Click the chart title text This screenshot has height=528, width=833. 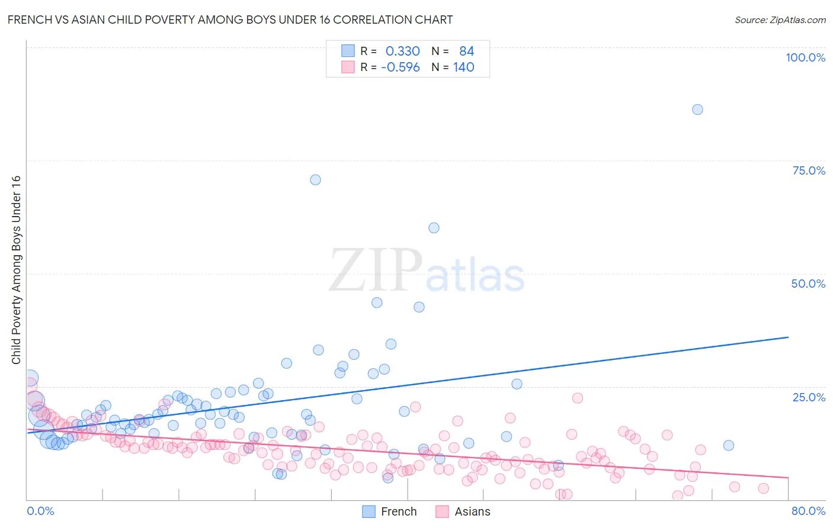coord(230,20)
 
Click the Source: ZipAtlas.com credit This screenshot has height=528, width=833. coord(780,20)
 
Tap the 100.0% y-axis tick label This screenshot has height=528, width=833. coord(805,57)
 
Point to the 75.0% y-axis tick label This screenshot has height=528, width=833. coord(809,170)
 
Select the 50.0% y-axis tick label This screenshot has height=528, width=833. coord(808,284)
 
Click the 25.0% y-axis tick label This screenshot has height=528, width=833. coord(809,397)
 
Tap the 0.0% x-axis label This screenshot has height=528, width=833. coord(40,511)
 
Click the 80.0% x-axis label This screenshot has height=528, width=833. coord(808,511)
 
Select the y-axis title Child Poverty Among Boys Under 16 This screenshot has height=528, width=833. coord(16,270)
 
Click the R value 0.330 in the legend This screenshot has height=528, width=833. coord(402,51)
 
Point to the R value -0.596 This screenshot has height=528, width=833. coord(401,67)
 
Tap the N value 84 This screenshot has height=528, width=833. coord(466,51)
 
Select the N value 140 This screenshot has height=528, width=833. coord(463,67)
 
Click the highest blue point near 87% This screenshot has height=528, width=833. coord(697,110)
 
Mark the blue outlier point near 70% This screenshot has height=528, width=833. coord(315,180)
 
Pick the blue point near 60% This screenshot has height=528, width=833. coord(434,228)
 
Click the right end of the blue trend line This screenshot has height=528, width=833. coord(788,337)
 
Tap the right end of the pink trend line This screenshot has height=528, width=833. coord(788,477)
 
